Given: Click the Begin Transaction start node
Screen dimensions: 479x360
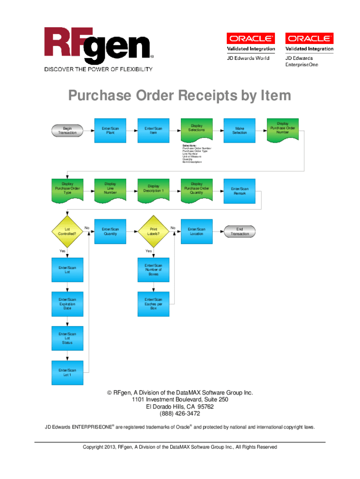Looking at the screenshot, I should [x=67, y=131].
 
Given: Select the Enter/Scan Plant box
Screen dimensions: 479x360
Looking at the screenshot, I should [x=110, y=131].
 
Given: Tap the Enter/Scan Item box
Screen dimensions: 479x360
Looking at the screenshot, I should [x=153, y=131].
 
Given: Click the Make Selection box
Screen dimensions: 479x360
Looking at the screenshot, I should [x=240, y=131].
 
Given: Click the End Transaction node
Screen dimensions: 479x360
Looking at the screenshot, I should [x=240, y=232].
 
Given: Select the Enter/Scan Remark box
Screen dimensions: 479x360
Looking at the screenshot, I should [x=240, y=191].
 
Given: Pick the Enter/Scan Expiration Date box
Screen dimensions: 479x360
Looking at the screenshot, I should [x=67, y=304].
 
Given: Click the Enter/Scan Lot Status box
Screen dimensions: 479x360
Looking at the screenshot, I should [x=67, y=338].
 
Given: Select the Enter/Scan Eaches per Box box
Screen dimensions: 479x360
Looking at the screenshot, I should [x=153, y=304].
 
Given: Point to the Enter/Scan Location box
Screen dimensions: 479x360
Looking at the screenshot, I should [x=196, y=232].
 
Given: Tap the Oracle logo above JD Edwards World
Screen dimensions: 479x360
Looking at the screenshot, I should [x=251, y=38].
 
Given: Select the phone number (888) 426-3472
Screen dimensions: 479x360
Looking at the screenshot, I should [x=180, y=414].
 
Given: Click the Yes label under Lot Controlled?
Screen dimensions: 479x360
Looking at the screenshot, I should [x=62, y=251].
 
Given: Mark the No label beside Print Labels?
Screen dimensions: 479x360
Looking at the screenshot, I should [x=173, y=228].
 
